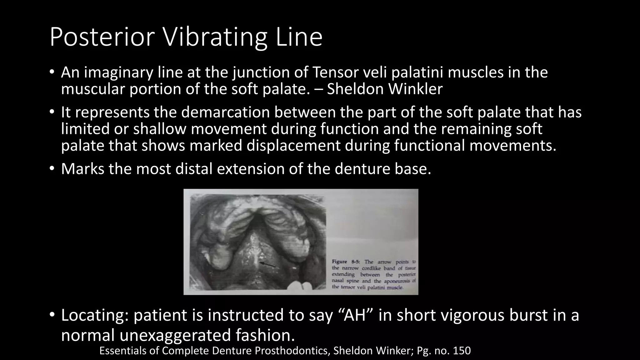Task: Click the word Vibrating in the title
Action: click(x=215, y=37)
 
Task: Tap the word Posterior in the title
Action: click(x=102, y=37)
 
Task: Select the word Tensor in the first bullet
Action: click(x=335, y=72)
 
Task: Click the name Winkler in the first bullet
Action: click(x=416, y=89)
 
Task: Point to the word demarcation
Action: click(x=225, y=112)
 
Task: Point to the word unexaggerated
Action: click(x=175, y=335)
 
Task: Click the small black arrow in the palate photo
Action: click(x=268, y=265)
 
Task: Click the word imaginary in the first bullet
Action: click(x=118, y=72)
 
